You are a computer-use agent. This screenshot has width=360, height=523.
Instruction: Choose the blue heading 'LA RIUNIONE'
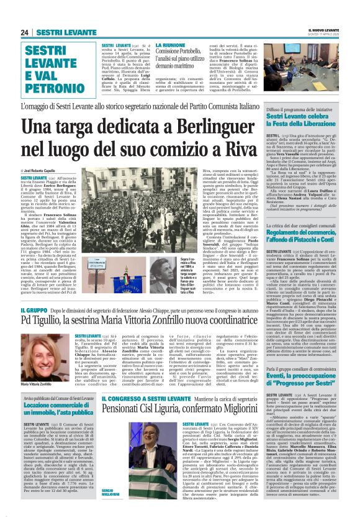point(172,45)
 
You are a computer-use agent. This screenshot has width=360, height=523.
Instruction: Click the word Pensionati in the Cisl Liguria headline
point(131,411)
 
